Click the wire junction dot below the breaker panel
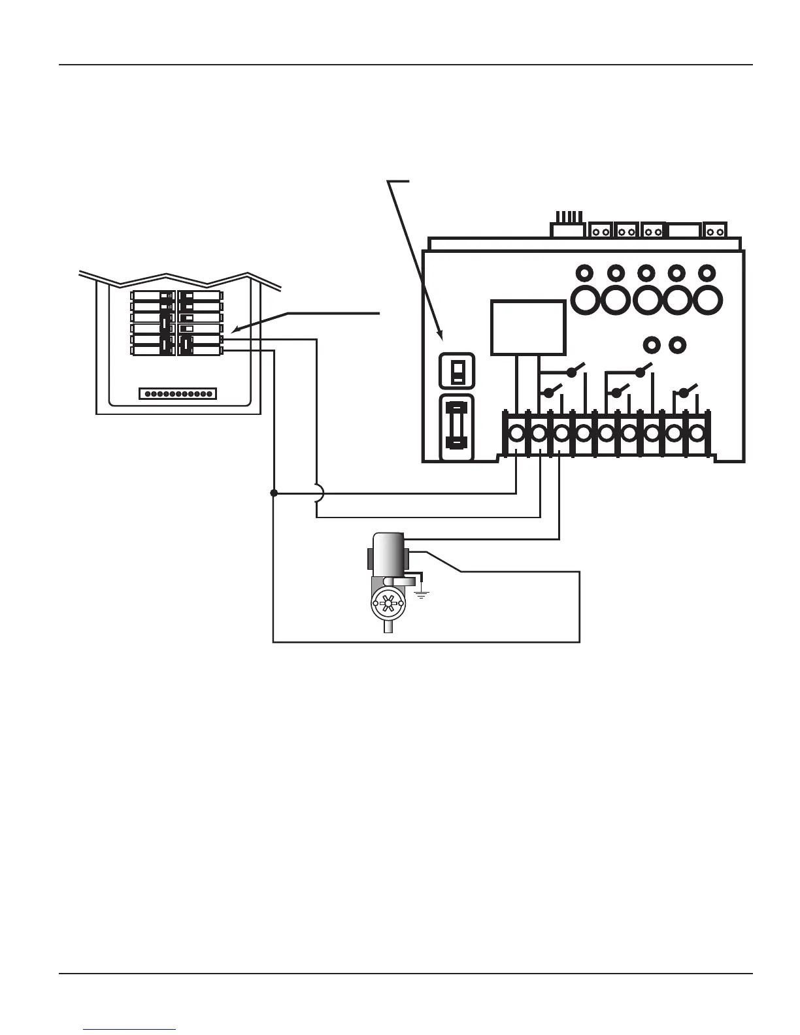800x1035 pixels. click(274, 493)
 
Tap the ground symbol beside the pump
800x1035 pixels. click(422, 593)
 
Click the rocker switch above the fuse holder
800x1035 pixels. click(458, 370)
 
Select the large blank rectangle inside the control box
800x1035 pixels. click(527, 327)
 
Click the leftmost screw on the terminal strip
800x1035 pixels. click(516, 433)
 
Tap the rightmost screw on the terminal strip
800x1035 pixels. click(696, 433)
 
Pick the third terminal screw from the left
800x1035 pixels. click(561, 433)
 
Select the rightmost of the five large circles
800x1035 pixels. click(707, 299)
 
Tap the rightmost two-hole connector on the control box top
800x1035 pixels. click(714, 231)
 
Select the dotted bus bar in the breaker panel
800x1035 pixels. click(178, 393)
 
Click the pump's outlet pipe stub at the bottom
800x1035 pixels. click(388, 627)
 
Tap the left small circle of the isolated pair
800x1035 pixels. click(650, 343)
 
